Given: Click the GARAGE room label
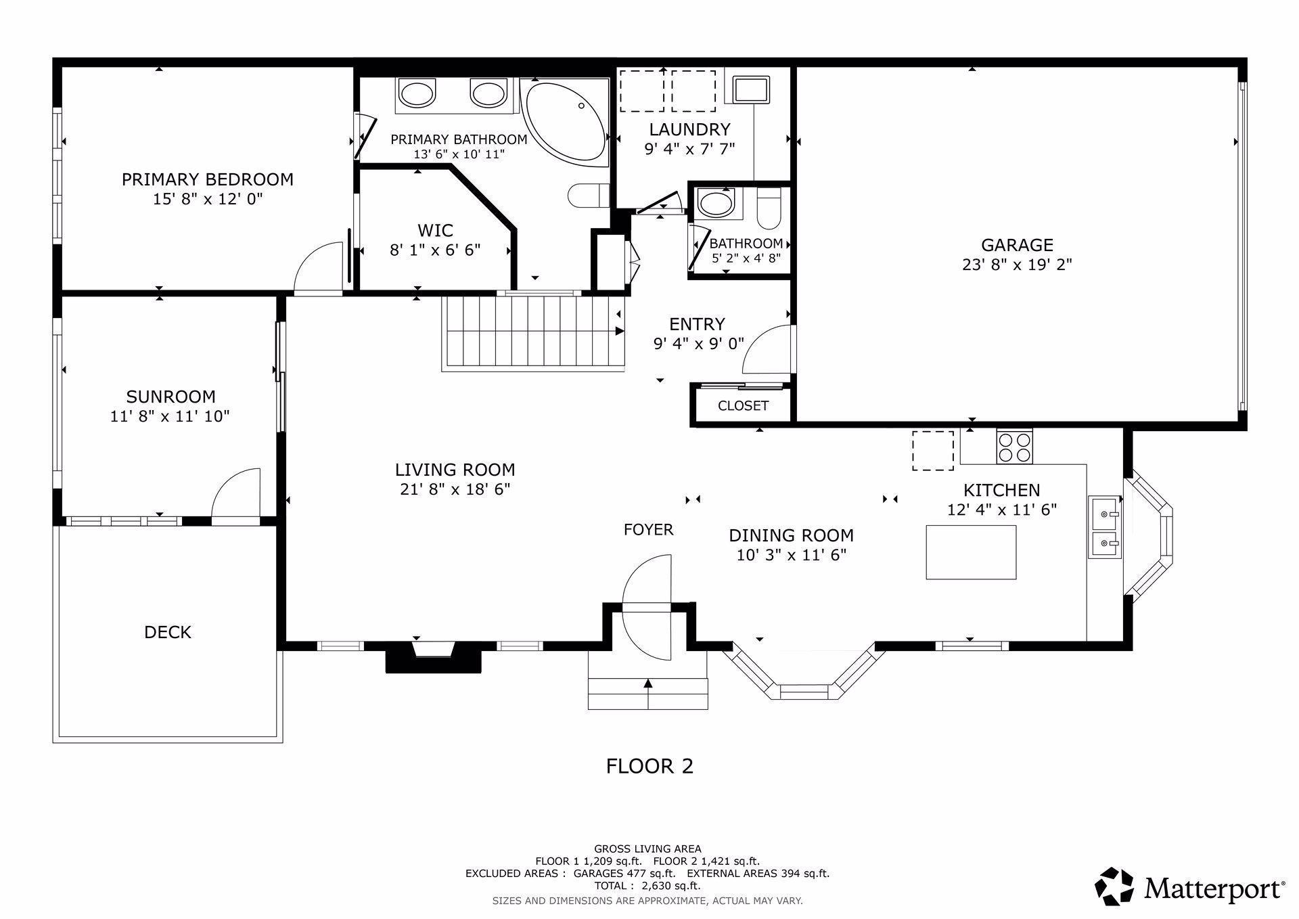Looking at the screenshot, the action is [1017, 245].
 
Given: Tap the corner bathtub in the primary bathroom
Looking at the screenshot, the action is [566, 122].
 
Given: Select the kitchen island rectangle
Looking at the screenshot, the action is [971, 552].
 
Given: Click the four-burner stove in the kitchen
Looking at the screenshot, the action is [1014, 447].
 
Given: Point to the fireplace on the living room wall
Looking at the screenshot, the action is [433, 656].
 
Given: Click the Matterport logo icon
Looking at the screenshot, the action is [1114, 886].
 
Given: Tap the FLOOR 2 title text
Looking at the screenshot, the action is [649, 766].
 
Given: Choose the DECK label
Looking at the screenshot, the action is [168, 632].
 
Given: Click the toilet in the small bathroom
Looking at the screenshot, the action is [769, 207].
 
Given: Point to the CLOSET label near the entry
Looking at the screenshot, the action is [743, 405].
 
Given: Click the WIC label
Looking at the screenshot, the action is [435, 230].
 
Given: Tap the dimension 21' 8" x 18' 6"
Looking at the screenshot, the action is [455, 489].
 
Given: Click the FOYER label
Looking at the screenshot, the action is [648, 530].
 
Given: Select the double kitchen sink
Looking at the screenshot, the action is [1105, 527].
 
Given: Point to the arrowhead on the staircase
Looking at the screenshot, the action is [620, 331].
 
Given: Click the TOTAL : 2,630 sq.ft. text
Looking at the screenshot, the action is [647, 885].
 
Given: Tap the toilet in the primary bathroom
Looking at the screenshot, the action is [589, 196].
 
